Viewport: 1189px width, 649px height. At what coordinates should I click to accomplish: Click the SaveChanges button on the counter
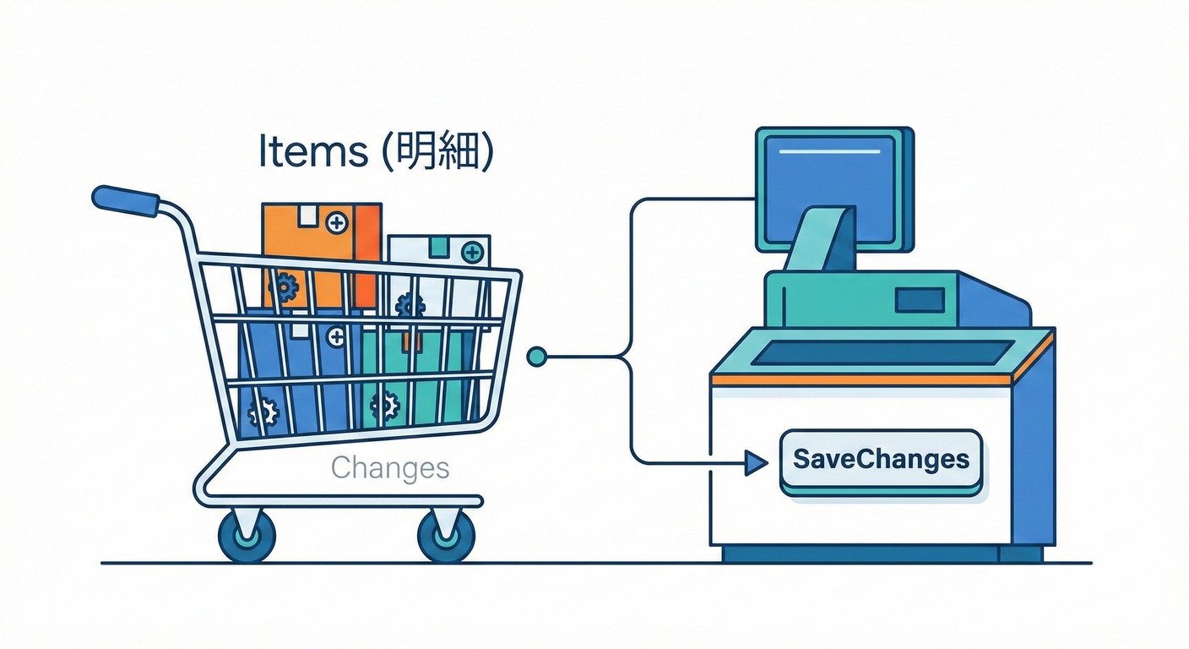pos(881,461)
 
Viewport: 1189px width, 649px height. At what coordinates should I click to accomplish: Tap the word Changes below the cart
pos(389,467)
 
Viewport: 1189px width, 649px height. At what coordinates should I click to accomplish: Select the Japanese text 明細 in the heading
pos(432,153)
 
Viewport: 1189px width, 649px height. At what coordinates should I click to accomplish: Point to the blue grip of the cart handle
pos(125,201)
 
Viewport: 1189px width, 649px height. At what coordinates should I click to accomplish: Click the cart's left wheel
pos(247,535)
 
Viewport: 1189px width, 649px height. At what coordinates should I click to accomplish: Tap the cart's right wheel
pos(446,535)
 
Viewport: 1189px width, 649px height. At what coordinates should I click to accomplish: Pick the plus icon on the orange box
pos(337,224)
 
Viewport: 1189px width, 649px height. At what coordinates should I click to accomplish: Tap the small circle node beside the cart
pos(536,357)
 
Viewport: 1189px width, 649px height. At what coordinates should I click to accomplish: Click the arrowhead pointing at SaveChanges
pos(754,462)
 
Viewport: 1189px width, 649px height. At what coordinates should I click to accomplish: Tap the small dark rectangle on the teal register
pos(920,300)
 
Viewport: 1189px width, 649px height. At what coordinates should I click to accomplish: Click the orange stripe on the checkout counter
pos(861,380)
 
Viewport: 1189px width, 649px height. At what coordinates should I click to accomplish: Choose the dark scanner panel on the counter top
pos(883,352)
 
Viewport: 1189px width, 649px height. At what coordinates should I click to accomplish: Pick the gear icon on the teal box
pos(385,406)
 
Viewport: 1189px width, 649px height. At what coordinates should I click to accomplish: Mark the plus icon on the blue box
pos(336,337)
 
